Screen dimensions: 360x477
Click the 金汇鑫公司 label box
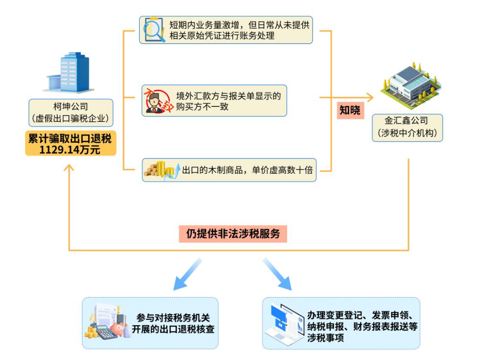(x=407, y=127)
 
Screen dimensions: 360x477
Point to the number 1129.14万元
(x=70, y=150)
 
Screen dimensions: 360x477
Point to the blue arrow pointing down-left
(x=186, y=275)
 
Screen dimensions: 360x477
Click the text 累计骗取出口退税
(x=70, y=138)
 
